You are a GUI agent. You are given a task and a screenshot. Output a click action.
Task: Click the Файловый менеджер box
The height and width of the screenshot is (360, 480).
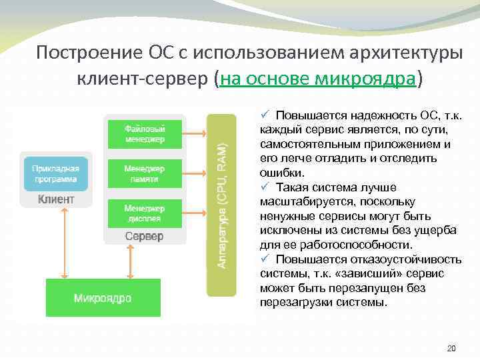click(x=144, y=133)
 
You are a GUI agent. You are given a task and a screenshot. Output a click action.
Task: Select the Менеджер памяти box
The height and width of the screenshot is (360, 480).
click(x=144, y=174)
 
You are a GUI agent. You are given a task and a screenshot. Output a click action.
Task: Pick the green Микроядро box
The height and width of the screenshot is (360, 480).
click(x=103, y=297)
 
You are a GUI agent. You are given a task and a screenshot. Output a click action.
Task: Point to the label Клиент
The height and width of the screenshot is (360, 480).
click(x=55, y=199)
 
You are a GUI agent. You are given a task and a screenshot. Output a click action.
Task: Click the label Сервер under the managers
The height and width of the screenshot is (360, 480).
click(x=144, y=237)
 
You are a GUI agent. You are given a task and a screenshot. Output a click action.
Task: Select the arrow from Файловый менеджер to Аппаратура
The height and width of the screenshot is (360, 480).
click(x=195, y=134)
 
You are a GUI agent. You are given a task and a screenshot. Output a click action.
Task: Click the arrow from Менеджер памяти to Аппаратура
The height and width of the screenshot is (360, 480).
click(x=195, y=174)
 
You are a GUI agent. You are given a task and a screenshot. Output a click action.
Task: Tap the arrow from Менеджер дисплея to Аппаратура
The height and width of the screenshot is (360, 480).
click(x=195, y=213)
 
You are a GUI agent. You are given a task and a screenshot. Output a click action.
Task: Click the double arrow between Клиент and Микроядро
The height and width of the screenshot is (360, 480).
click(x=63, y=243)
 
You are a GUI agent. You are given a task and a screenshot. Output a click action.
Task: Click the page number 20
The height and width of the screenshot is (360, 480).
click(x=451, y=348)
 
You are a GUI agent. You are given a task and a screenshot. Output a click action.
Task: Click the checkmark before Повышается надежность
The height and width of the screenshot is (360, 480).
click(x=264, y=115)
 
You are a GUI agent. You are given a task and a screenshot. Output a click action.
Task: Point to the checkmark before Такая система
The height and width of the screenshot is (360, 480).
click(x=264, y=187)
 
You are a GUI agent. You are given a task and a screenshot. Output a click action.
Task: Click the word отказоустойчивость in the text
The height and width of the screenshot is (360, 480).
click(x=403, y=259)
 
